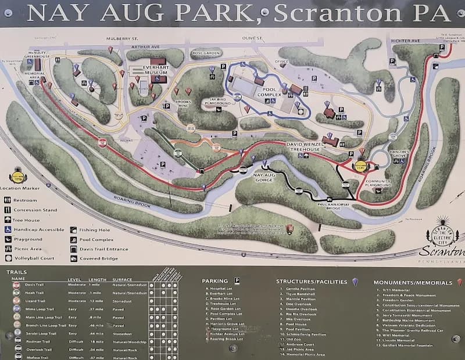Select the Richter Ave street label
tap(406, 41)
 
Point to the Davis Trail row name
tap(35, 285)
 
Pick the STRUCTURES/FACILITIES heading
tap(311, 282)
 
